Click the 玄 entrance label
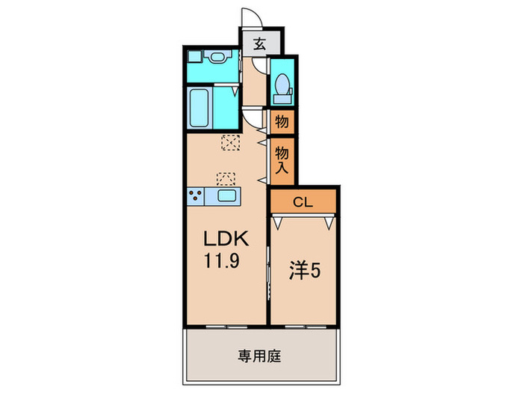point(258,44)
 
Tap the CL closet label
point(302,201)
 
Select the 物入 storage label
point(282,159)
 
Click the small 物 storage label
point(282,120)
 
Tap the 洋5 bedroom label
point(305,271)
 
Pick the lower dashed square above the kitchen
point(226,178)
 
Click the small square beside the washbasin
point(194,56)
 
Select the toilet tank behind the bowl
point(282,97)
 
